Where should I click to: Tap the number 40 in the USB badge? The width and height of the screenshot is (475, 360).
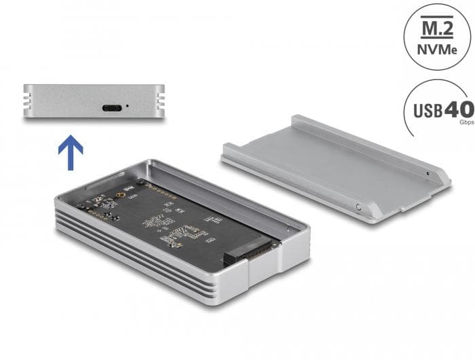pyautogui.click(x=458, y=109)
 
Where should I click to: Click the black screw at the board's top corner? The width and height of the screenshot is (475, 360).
pyautogui.click(x=140, y=183)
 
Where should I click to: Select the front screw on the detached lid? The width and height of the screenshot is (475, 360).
pyautogui.click(x=358, y=204)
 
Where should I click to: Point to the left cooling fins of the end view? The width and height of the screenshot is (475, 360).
pyautogui.click(x=30, y=100)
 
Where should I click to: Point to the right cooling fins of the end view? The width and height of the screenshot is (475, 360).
pyautogui.click(x=159, y=100)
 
